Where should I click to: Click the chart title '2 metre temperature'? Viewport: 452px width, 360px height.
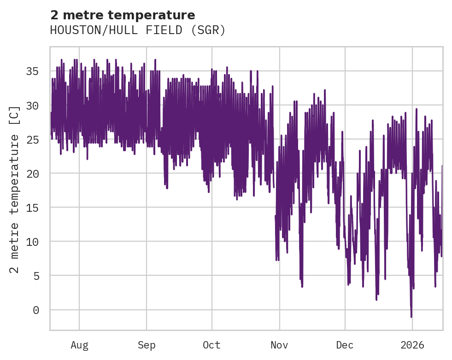click(x=123, y=15)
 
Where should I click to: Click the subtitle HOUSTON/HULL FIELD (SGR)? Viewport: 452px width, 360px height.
click(x=137, y=30)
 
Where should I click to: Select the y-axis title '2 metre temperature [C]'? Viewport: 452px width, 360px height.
click(x=15, y=189)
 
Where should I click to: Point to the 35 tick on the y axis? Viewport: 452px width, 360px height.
click(x=32, y=71)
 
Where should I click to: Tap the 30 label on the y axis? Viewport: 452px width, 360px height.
click(x=32, y=105)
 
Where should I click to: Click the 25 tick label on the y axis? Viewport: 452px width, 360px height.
click(x=32, y=139)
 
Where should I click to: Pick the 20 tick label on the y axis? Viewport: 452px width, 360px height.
click(x=32, y=174)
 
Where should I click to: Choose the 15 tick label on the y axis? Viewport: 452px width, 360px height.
click(x=32, y=208)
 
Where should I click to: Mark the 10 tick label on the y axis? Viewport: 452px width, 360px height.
click(x=32, y=242)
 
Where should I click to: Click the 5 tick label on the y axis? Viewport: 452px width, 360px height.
click(x=35, y=276)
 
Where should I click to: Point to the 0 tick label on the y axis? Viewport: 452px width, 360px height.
click(x=35, y=310)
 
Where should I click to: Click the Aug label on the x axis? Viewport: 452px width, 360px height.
click(x=79, y=345)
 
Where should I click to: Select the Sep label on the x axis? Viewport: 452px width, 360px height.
click(x=147, y=345)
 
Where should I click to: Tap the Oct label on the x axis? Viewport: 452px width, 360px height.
click(x=212, y=345)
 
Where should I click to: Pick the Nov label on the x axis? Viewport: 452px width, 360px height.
click(x=279, y=345)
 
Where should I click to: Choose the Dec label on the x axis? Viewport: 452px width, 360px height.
click(x=345, y=345)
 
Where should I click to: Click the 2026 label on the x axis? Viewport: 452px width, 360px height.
click(x=412, y=345)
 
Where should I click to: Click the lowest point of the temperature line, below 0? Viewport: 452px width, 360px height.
click(x=411, y=317)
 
